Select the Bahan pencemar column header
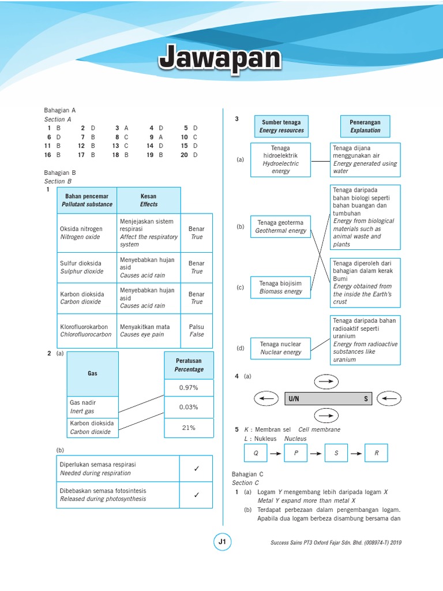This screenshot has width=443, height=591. [x=87, y=200]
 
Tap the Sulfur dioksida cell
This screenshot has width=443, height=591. [x=87, y=267]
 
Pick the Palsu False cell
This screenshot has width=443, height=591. [x=197, y=331]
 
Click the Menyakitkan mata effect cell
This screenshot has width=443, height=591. [x=149, y=331]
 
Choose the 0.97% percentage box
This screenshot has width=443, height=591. [x=189, y=387]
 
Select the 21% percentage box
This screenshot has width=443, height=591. [x=189, y=428]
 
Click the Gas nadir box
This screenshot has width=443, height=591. [x=93, y=407]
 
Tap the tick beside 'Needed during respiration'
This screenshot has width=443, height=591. [x=196, y=469]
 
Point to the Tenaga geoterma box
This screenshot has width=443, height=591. [x=281, y=226]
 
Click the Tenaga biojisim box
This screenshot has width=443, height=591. [x=281, y=287]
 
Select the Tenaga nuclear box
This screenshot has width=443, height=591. [x=281, y=347]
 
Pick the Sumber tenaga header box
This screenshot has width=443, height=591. [x=281, y=126]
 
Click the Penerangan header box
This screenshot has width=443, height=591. [x=365, y=126]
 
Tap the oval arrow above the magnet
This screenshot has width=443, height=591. [x=326, y=381]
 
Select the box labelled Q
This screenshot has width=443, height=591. [x=256, y=454]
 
